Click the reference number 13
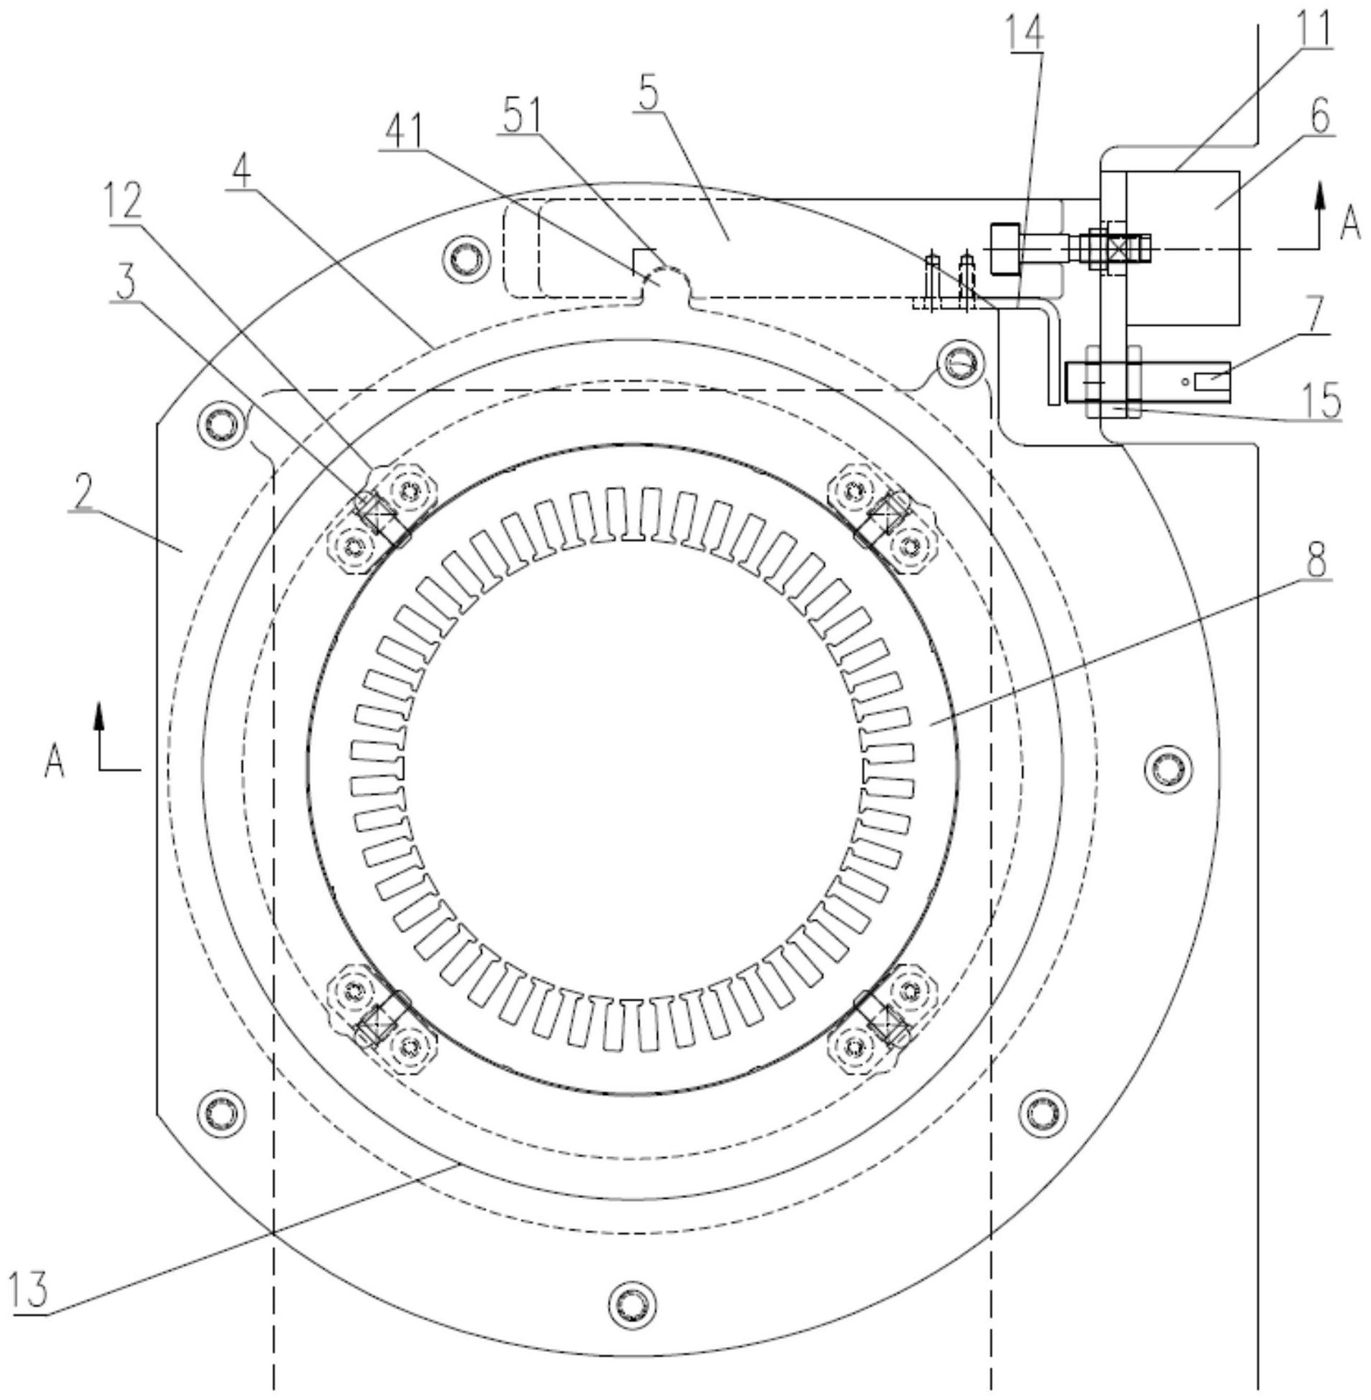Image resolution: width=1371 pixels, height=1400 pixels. coord(29,1288)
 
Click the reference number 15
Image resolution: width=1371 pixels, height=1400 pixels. coord(1322,400)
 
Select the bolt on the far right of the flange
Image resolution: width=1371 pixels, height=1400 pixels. coord(1167,770)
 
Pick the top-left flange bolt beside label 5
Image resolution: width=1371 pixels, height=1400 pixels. coord(461,256)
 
